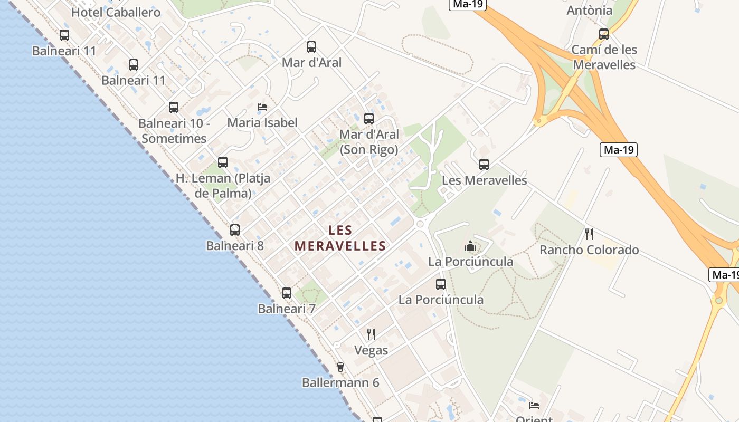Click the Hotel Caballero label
click(116, 12)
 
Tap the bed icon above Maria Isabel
click(262, 107)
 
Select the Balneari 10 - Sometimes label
click(174, 131)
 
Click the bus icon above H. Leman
click(223, 162)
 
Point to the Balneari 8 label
click(234, 246)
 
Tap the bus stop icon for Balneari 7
click(287, 293)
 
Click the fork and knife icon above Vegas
click(371, 334)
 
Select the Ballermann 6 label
click(340, 382)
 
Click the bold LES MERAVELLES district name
click(340, 238)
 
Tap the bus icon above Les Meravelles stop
click(484, 164)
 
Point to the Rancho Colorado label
click(589, 250)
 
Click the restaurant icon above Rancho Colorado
click(589, 234)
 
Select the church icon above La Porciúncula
click(470, 246)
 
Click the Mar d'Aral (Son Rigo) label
click(369, 142)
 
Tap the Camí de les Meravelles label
click(604, 57)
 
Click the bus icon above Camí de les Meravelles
click(604, 34)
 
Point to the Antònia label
click(590, 10)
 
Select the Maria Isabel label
click(262, 123)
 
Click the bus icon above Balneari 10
click(174, 108)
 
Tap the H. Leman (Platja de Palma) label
click(223, 186)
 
